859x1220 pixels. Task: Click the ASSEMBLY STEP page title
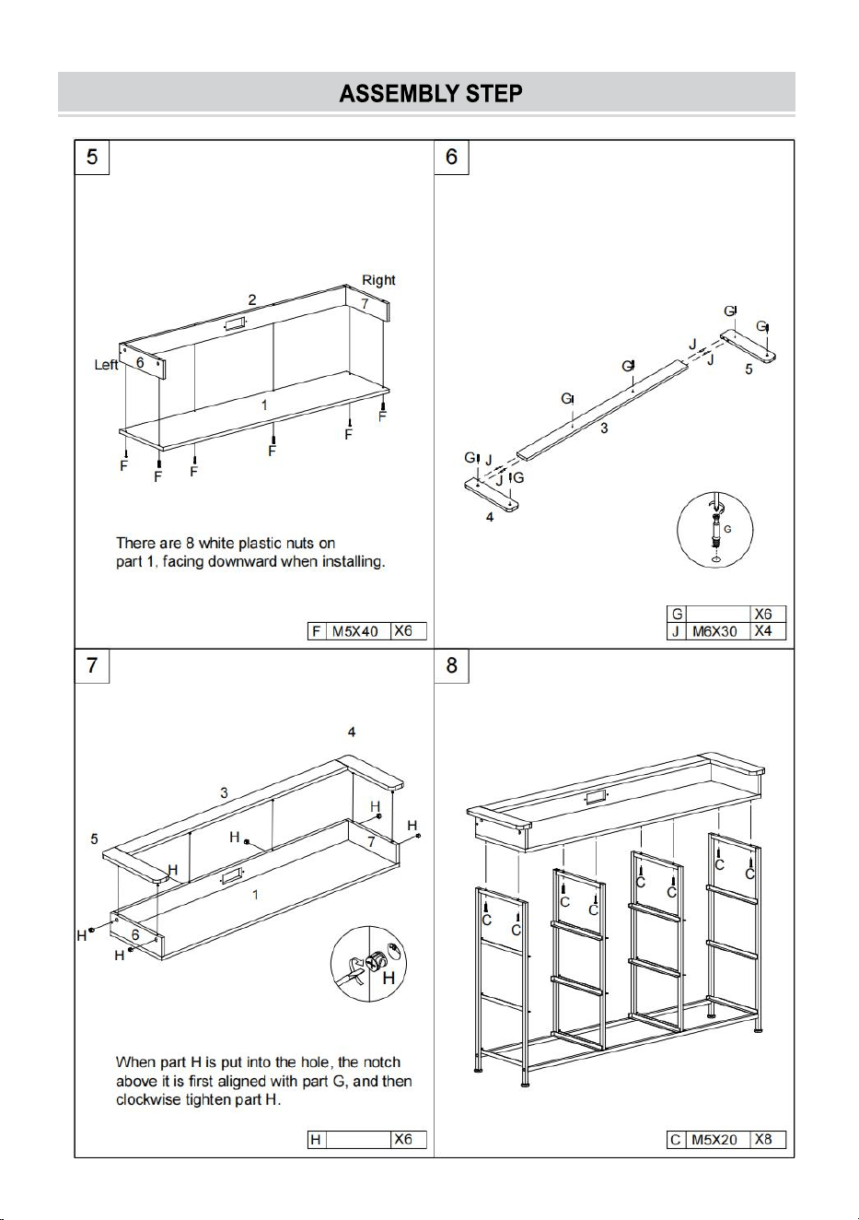(431, 94)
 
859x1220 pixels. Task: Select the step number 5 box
(92, 157)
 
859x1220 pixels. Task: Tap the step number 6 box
(451, 157)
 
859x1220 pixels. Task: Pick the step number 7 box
(92, 665)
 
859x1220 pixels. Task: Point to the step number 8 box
(451, 665)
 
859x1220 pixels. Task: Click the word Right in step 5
(378, 280)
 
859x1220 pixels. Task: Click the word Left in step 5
(106, 365)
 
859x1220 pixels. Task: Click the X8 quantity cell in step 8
(768, 1140)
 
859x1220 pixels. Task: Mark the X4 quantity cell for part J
(768, 631)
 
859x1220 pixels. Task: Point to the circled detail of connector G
(714, 529)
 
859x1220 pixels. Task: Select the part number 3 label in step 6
(604, 428)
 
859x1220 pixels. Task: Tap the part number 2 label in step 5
(252, 299)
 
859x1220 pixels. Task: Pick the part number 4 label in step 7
(352, 732)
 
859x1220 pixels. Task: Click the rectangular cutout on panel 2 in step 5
(235, 325)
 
